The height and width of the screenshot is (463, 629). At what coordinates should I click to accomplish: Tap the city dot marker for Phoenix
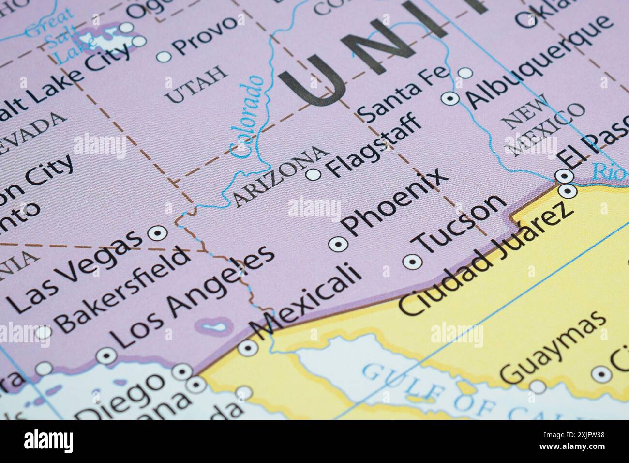click(x=337, y=244)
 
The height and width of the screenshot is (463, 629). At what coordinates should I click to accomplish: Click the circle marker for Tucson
click(x=412, y=262)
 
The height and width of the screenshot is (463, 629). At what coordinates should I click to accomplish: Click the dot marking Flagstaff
click(x=314, y=174)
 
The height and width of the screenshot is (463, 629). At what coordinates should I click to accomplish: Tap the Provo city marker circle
click(x=164, y=57)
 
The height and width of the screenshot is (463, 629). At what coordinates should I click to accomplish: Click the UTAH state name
click(x=196, y=85)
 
